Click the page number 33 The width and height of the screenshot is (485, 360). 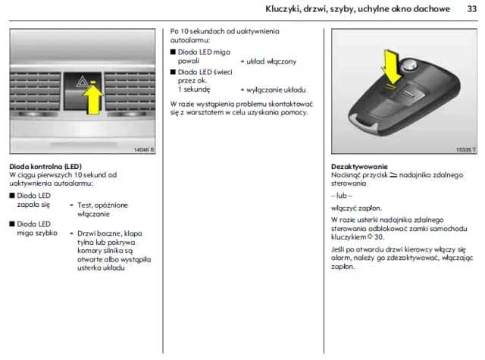[x=470, y=9]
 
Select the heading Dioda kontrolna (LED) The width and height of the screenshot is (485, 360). [x=45, y=166]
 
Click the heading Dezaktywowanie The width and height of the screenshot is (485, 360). [x=360, y=166]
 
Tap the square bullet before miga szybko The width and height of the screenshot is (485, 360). [x=12, y=224]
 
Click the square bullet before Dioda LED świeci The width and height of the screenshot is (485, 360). [x=173, y=71]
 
